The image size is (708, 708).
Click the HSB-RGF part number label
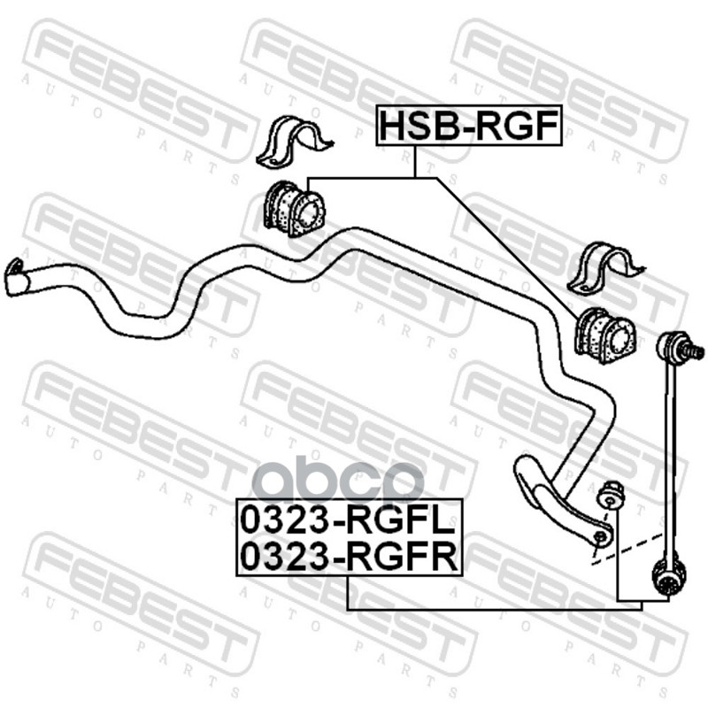[470, 126]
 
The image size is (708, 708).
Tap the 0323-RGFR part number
[348, 557]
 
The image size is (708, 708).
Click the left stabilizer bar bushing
[294, 209]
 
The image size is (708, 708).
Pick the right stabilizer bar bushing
[605, 335]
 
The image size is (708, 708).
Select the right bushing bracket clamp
[601, 270]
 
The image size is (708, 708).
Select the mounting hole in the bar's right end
[600, 536]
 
